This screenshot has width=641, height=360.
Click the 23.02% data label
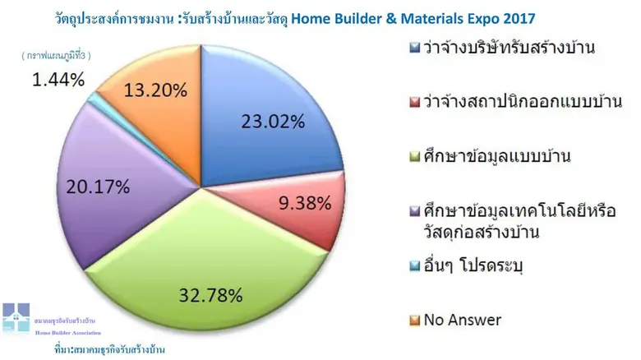coord(274,123)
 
